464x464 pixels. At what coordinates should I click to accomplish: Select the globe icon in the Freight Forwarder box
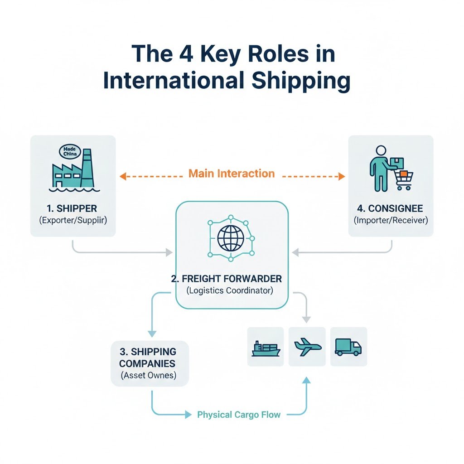coord(231,237)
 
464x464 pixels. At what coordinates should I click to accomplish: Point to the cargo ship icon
coord(266,348)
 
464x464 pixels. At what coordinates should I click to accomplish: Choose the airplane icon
coord(307,347)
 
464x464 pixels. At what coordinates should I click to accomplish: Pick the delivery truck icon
coord(348,347)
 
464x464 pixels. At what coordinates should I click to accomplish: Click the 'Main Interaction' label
coord(231,174)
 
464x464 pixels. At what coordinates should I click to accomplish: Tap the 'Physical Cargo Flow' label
coord(239,415)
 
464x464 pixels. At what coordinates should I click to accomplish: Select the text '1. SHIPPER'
coord(72,208)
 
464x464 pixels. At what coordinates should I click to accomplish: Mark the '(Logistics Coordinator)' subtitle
coord(230,290)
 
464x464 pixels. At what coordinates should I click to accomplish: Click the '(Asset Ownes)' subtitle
coord(149,375)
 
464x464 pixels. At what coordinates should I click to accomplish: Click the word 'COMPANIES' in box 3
coord(149,363)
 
